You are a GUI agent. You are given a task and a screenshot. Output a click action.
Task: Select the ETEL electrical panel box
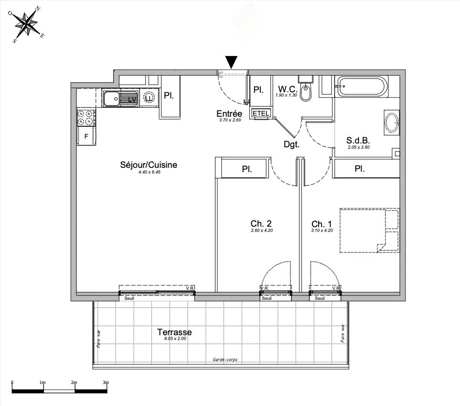(x=260, y=113)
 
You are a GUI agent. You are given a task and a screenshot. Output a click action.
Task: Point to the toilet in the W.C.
(x=306, y=91)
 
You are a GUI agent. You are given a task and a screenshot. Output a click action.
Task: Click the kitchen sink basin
(x=113, y=99)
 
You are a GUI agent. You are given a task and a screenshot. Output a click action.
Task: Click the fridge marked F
(x=86, y=136)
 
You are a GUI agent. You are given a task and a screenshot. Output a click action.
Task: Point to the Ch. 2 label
(x=261, y=223)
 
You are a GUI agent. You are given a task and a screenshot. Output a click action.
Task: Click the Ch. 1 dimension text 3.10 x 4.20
(x=322, y=230)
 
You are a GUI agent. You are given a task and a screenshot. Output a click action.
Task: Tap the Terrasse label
(x=174, y=332)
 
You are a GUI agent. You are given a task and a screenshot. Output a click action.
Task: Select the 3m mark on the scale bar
(x=106, y=383)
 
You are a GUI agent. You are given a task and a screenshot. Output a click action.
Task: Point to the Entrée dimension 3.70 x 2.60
(x=229, y=121)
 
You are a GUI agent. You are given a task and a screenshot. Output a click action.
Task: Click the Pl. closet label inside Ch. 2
(x=246, y=168)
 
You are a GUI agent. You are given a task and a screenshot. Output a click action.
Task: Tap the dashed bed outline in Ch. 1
(x=369, y=230)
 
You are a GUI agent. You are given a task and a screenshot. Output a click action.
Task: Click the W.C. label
(x=288, y=89)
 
